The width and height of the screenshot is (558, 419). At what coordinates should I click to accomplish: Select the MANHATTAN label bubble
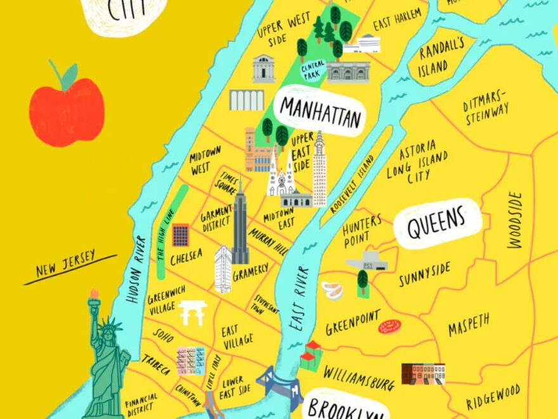pyautogui.click(x=321, y=112)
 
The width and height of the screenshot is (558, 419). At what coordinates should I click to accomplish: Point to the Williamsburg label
pyautogui.click(x=359, y=376)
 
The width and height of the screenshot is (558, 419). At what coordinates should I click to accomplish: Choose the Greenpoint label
pyautogui.click(x=353, y=323)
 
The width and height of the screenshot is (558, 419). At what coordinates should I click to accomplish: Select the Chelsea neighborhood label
pyautogui.click(x=187, y=256)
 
